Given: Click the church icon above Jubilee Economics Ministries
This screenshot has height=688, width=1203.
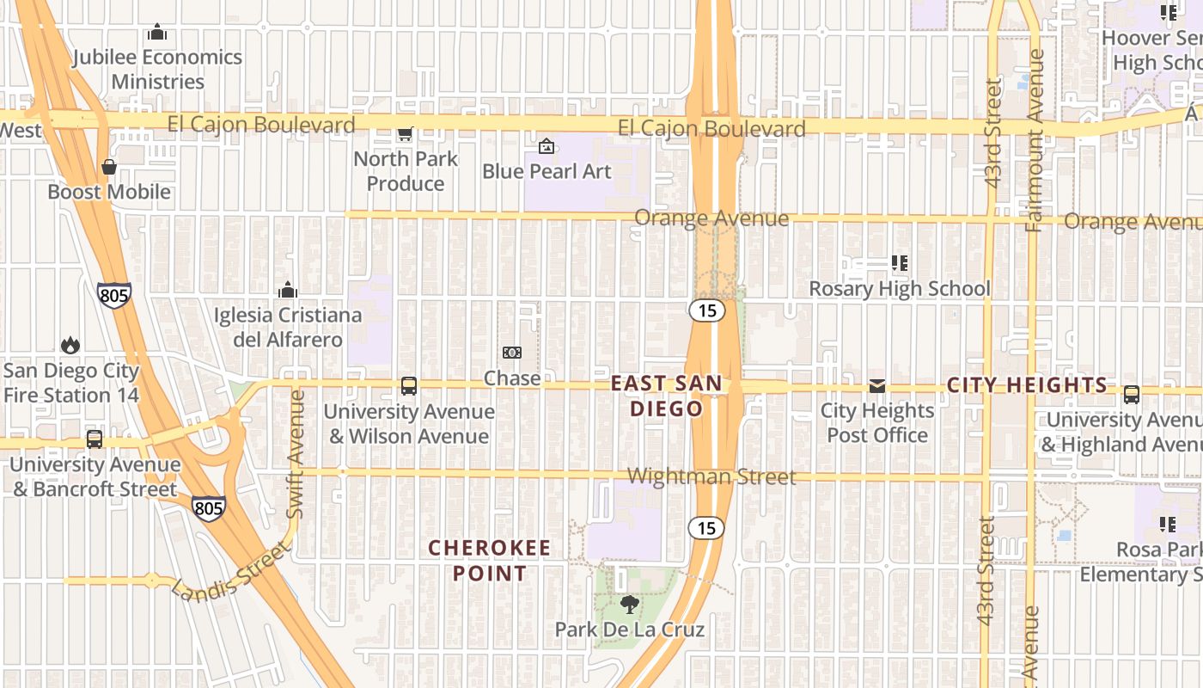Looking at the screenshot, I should (x=157, y=33).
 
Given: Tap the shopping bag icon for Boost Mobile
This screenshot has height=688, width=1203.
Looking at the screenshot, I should (x=109, y=167).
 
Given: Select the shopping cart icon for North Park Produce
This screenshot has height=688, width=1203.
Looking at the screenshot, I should (x=405, y=133).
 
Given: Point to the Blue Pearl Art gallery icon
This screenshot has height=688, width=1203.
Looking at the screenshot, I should (x=546, y=146).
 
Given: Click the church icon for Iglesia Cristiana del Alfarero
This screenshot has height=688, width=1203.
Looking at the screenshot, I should (x=288, y=290).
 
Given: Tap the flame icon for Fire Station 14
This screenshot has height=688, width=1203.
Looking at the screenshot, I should (x=70, y=346).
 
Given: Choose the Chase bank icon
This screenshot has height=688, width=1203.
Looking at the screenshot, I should (x=512, y=353).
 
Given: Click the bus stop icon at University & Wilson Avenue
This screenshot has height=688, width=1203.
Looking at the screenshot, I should (x=409, y=386).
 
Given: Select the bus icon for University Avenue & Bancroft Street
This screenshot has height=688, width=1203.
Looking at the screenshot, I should (x=95, y=439).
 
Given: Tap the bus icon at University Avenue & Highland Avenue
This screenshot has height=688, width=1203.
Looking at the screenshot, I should (x=1132, y=395).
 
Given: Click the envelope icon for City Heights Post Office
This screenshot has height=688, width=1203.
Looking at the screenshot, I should (x=877, y=386).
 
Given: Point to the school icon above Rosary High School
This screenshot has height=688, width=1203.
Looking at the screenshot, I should (x=900, y=263).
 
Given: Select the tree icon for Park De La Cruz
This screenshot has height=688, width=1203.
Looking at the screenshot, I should (x=630, y=605).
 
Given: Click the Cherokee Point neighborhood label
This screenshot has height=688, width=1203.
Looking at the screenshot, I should (x=490, y=560).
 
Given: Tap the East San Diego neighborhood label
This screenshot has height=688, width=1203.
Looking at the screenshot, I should (x=667, y=396).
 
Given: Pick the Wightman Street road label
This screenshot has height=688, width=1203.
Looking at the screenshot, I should (x=711, y=476).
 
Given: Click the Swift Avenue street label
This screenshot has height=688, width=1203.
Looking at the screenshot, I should (x=296, y=454).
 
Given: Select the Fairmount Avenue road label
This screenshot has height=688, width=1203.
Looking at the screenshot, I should (x=1035, y=140).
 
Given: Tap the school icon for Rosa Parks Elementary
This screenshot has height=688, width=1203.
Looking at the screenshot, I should (x=1167, y=524).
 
